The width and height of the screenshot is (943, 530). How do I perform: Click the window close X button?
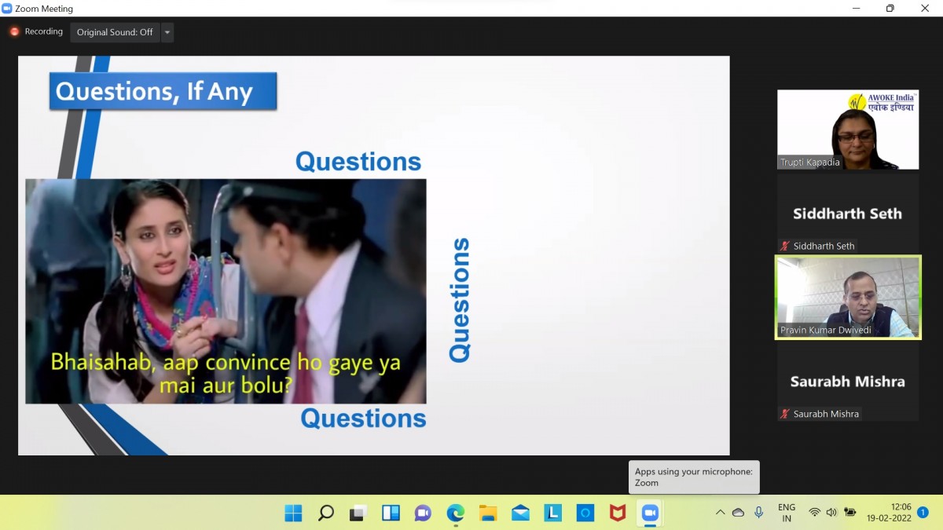pyautogui.click(x=925, y=9)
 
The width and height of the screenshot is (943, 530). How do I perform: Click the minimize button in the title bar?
pyautogui.click(x=856, y=9)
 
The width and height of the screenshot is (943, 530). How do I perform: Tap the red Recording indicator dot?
pyautogui.click(x=14, y=31)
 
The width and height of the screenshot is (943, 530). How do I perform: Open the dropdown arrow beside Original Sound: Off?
pyautogui.click(x=167, y=32)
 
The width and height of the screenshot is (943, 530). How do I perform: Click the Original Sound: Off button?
pyautogui.click(x=115, y=32)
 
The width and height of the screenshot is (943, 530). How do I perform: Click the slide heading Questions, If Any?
pyautogui.click(x=154, y=92)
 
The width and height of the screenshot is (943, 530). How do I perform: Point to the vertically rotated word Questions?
pyautogui.click(x=459, y=300)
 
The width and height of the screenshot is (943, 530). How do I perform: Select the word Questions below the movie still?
pyautogui.click(x=363, y=419)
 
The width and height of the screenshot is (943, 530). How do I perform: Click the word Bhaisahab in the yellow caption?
pyautogui.click(x=101, y=362)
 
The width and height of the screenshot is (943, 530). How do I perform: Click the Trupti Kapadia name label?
pyautogui.click(x=809, y=163)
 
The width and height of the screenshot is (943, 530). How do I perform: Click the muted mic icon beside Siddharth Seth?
pyautogui.click(x=785, y=246)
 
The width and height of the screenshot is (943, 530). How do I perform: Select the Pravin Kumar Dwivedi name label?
pyautogui.click(x=826, y=331)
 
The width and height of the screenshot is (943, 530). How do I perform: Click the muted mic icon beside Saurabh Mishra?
pyautogui.click(x=785, y=414)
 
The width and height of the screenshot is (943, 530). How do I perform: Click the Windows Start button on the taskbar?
pyautogui.click(x=293, y=513)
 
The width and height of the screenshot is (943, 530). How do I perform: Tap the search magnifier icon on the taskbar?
pyautogui.click(x=326, y=513)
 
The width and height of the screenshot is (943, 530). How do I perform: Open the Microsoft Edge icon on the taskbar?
pyautogui.click(x=456, y=513)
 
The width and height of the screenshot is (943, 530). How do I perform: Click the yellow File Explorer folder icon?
pyautogui.click(x=488, y=513)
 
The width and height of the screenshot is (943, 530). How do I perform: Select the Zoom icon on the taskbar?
pyautogui.click(x=650, y=513)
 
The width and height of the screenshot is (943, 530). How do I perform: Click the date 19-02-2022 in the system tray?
pyautogui.click(x=889, y=518)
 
